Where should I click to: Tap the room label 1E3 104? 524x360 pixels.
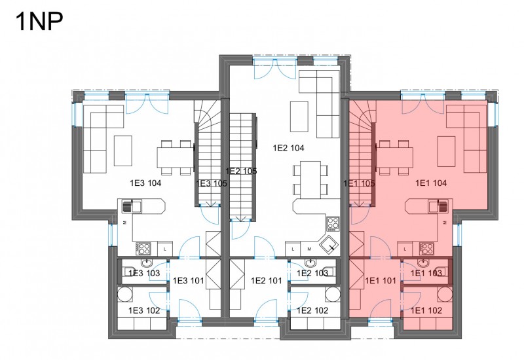click(x=145, y=183)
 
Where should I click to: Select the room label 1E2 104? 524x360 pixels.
click(x=288, y=148)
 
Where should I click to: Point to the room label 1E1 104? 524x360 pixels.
click(x=431, y=183)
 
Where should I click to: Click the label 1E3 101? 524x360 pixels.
click(x=188, y=281)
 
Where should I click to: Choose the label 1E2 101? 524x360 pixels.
click(x=267, y=281)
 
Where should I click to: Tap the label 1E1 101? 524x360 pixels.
click(x=381, y=281)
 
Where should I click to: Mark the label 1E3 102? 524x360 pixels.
click(x=144, y=310)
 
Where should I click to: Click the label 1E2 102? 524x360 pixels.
click(x=312, y=310)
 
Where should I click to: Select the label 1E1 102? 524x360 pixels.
click(x=426, y=310)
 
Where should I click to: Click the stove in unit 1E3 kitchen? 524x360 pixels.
click(x=143, y=249)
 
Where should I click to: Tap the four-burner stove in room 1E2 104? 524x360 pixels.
click(x=333, y=224)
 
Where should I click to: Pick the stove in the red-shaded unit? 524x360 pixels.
click(x=427, y=249)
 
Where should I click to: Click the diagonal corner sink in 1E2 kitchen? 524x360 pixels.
click(x=329, y=245)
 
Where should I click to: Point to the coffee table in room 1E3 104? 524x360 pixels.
click(x=123, y=151)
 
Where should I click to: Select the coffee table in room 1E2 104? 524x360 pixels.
click(x=299, y=117)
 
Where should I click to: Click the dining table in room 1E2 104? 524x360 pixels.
click(x=310, y=179)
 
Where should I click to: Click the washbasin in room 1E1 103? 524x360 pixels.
click(x=424, y=262)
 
